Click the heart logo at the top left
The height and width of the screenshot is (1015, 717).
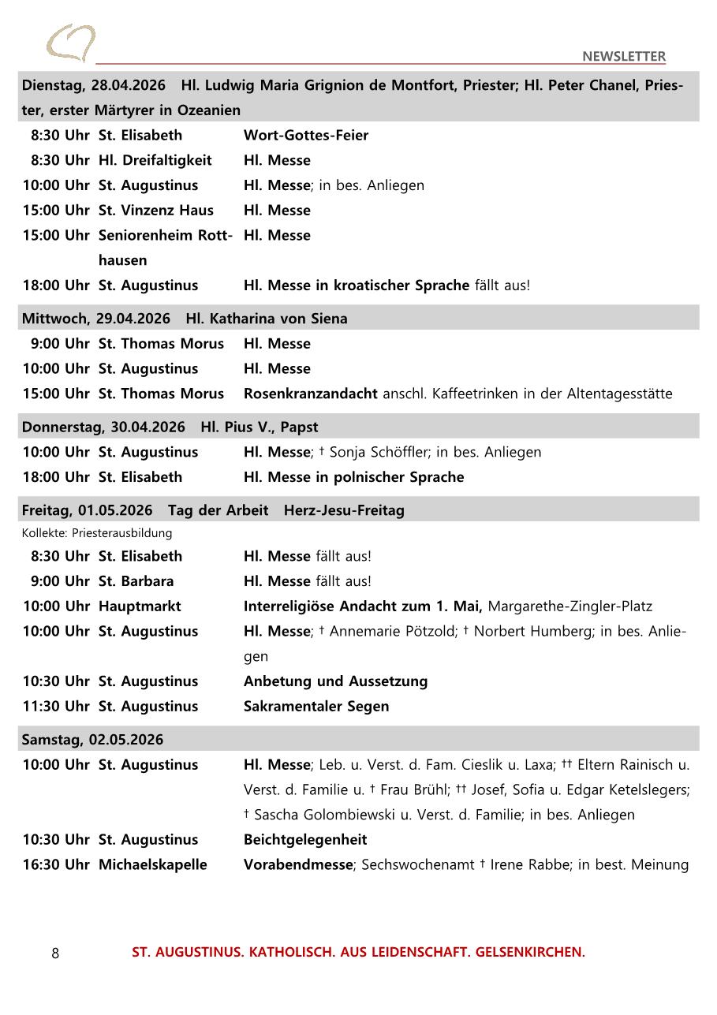70,43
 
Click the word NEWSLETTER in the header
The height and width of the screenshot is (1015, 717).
623,56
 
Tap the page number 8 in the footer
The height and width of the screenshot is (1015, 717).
55,953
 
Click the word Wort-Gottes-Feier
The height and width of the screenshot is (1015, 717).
306,135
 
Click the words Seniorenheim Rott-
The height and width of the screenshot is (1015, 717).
166,235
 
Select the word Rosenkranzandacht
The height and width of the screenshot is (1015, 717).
311,394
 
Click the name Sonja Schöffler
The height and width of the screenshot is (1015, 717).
379,452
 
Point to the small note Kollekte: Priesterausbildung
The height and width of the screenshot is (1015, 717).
97,533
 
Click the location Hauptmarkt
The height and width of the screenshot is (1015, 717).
140,606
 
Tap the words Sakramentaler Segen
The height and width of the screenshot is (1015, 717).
316,706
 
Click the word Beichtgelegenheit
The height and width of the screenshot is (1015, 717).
305,839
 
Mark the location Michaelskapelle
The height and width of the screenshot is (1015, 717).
153,864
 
